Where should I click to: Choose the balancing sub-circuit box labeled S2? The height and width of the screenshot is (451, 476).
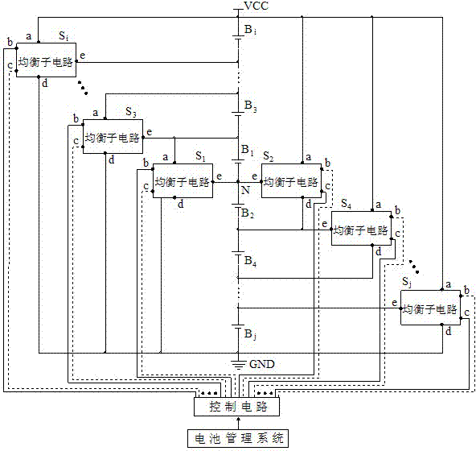coord(289,182)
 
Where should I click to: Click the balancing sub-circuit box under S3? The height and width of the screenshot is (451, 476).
coord(113,136)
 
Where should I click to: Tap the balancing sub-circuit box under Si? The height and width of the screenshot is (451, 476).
coord(44,61)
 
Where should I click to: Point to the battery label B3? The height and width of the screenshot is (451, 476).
coord(250,106)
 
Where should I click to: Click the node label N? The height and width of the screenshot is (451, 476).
coord(245,190)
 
